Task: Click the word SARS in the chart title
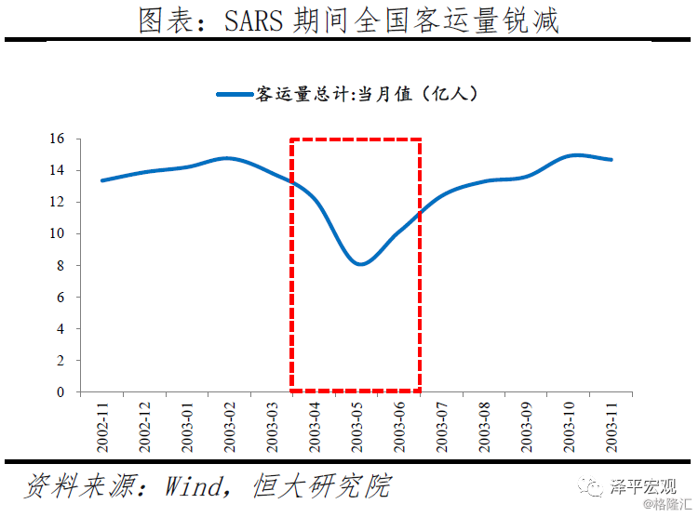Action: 255,20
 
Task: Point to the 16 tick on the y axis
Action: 58,139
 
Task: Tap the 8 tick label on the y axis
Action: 60,265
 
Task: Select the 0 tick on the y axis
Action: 60,391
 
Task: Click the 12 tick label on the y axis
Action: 58,202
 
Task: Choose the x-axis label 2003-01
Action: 187,426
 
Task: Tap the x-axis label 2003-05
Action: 357,426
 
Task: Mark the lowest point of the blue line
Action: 360,264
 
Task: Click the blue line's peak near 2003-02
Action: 226,158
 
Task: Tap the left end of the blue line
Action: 101,180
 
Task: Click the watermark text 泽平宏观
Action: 642,485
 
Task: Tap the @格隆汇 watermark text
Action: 669,505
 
